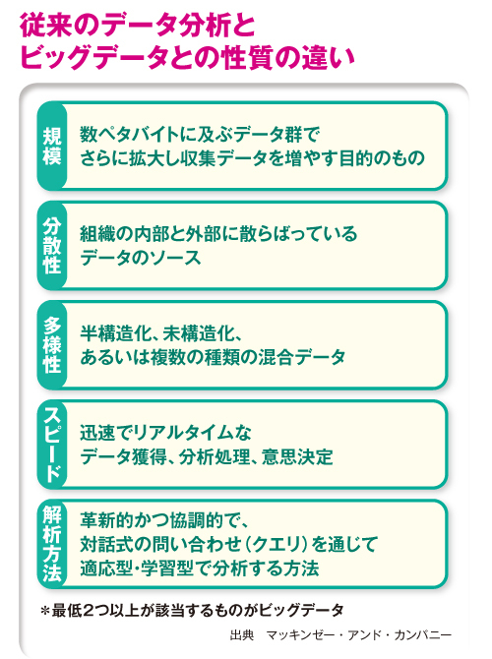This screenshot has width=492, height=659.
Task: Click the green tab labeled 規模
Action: click(x=52, y=146)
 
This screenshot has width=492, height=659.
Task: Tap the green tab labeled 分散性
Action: click(x=52, y=246)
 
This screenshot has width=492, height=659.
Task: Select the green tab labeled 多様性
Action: click(x=52, y=344)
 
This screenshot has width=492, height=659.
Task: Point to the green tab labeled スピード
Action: click(x=52, y=445)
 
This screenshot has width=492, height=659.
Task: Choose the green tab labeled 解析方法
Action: click(x=52, y=543)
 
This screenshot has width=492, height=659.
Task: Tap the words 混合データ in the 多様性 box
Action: click(x=302, y=357)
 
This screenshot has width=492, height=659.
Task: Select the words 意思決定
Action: click(x=297, y=456)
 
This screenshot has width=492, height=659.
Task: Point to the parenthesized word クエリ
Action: click(x=277, y=544)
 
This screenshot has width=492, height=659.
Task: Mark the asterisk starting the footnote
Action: click(x=45, y=611)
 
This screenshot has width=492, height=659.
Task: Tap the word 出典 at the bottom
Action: click(x=242, y=635)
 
